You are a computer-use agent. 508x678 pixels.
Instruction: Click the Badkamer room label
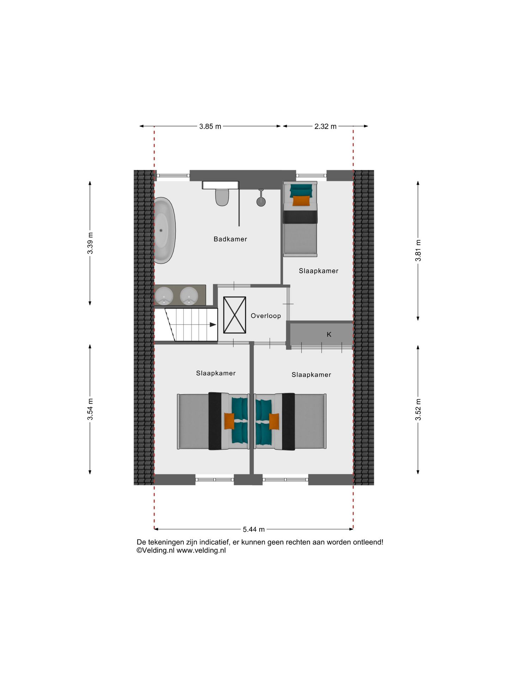pos(230,239)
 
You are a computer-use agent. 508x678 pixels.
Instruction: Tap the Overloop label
pos(266,316)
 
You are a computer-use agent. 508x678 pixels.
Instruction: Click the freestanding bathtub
pos(164,230)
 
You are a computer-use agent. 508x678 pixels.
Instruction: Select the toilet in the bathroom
pos(222,197)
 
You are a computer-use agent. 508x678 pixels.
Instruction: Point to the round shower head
pos(261,202)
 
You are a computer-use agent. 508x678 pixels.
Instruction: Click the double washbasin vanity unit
pos(180,295)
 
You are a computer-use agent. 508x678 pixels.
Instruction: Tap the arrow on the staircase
pos(213,325)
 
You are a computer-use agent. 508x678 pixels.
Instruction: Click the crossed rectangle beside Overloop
pos(235,315)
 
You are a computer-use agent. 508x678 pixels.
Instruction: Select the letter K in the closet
pos(329,334)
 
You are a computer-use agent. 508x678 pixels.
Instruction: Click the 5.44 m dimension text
pos(254,529)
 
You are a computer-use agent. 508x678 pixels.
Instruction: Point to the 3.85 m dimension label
pos(210,126)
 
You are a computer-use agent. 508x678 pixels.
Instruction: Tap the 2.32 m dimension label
pos(325,126)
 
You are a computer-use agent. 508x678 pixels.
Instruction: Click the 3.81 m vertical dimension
pos(418,250)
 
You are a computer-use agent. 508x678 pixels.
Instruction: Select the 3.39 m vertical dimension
pos(90,243)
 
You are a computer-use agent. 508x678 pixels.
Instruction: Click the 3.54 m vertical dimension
pos(90,409)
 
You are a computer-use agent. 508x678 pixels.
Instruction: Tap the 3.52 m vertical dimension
pos(418,410)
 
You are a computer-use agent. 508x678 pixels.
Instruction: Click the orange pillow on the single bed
pos(301,201)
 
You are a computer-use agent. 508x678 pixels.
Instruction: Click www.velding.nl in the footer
pos(201,551)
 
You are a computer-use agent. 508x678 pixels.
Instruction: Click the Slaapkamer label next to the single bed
pos(318,271)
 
